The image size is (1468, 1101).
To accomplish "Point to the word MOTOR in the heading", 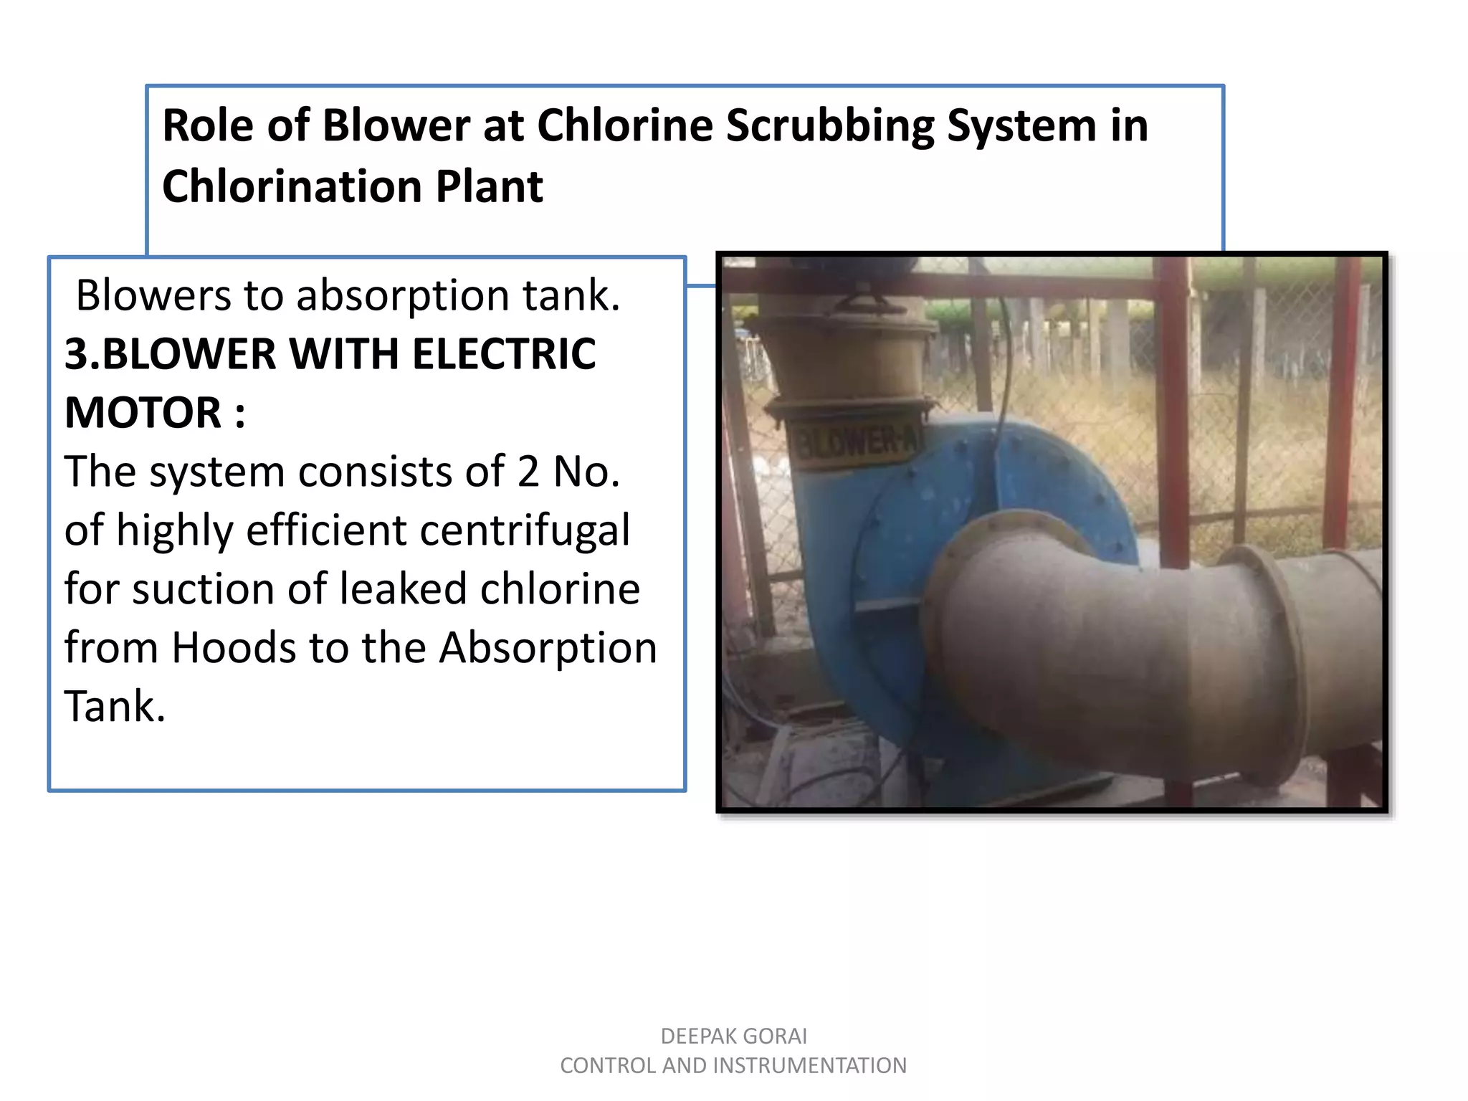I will tap(143, 413).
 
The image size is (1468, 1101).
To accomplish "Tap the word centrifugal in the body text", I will tap(525, 530).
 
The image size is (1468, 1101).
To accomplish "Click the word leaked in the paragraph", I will tap(402, 589).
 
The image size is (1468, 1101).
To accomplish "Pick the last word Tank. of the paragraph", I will tap(115, 707).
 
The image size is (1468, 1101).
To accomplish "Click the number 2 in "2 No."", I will tap(528, 472).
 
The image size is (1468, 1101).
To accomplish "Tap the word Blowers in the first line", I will tap(153, 295).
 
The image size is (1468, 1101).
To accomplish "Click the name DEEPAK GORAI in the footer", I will tap(733, 1036).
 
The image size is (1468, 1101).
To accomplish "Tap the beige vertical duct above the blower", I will tap(846, 358).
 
